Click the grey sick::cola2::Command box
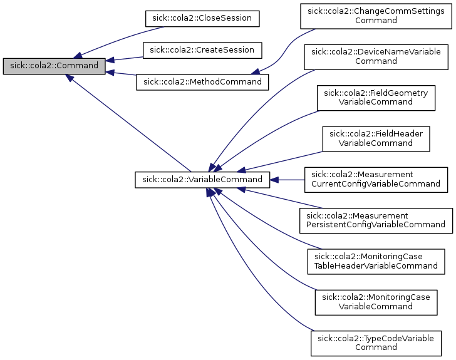54,66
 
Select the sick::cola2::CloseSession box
202,18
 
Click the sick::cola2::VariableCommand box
202,180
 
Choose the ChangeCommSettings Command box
376,16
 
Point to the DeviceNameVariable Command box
376,56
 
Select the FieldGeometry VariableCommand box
376,97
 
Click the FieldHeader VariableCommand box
376,138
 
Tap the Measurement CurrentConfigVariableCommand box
376,179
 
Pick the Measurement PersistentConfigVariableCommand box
376,220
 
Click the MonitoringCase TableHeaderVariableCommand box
376,260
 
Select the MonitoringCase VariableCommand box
376,301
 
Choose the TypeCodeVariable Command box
376,342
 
